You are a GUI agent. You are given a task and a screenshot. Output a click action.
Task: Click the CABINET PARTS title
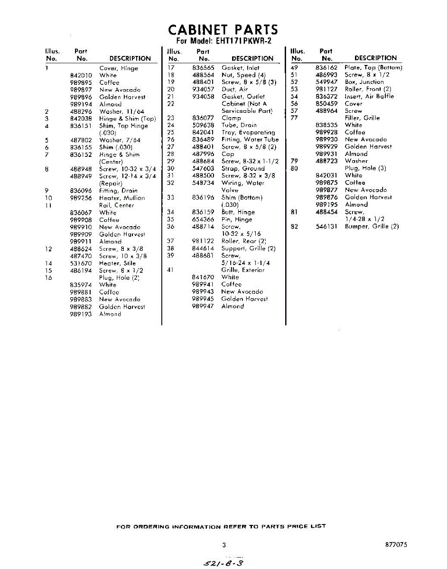(x=223, y=29)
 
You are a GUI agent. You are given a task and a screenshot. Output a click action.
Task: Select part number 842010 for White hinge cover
(x=81, y=75)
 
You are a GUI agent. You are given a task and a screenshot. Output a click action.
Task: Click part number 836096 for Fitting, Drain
(x=81, y=191)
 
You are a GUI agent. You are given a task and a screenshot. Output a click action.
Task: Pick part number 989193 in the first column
(x=81, y=314)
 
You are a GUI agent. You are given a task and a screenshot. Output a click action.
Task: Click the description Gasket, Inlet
(x=241, y=68)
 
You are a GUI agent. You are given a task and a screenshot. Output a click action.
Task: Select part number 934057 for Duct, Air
(x=203, y=90)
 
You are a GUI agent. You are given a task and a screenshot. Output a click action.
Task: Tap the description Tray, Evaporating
(x=248, y=133)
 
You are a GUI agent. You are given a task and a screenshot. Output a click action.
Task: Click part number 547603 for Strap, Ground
(x=203, y=169)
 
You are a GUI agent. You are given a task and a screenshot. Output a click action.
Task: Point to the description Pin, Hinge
(x=237, y=220)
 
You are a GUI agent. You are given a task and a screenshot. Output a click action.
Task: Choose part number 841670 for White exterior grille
(x=203, y=277)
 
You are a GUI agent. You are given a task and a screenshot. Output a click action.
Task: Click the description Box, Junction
(x=364, y=82)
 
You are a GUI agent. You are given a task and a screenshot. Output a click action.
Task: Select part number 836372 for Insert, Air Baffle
(x=326, y=96)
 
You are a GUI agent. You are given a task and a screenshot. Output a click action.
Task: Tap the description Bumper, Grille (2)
(x=372, y=227)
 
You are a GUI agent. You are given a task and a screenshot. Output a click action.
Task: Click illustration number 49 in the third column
(x=294, y=68)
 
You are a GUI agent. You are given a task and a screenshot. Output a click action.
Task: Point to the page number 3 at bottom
(x=224, y=545)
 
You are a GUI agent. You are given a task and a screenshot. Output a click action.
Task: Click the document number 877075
(x=396, y=545)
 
